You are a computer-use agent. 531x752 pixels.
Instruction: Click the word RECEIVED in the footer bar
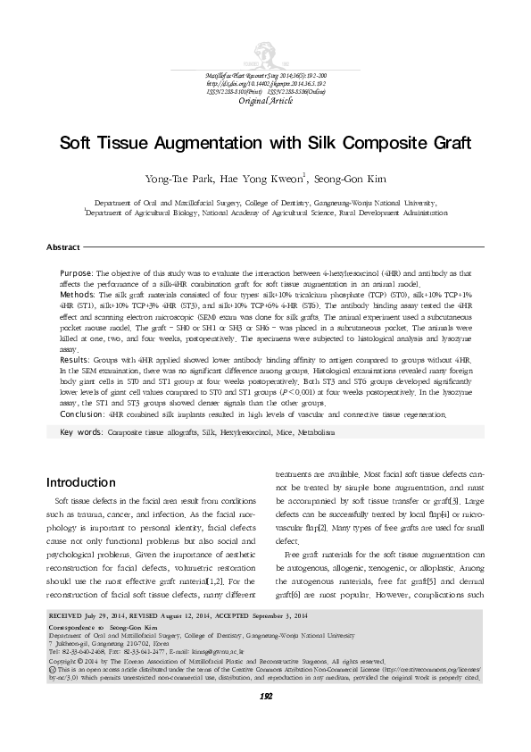click(x=64, y=641)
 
